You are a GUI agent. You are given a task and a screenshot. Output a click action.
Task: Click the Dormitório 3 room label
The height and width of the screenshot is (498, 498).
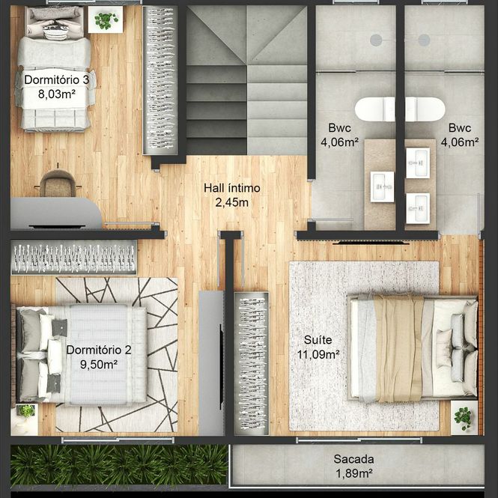[56, 79]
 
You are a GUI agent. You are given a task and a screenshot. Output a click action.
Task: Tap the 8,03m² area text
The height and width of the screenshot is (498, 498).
[56, 94]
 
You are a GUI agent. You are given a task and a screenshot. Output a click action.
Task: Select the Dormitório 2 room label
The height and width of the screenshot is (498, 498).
[99, 350]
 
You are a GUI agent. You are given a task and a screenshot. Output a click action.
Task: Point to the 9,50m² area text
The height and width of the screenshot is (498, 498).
[99, 364]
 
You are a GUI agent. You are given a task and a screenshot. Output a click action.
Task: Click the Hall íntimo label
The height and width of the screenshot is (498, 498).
[232, 188]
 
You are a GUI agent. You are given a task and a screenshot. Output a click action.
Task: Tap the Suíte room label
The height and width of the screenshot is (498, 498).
[318, 340]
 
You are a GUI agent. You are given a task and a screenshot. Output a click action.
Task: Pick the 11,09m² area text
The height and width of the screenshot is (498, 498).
[318, 354]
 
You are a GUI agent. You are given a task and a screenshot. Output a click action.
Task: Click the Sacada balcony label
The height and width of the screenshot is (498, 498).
[353, 459]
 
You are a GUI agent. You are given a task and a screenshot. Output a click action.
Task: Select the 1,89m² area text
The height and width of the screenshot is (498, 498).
[353, 473]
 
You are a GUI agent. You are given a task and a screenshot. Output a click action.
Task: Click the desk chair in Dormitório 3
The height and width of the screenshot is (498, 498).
[58, 183]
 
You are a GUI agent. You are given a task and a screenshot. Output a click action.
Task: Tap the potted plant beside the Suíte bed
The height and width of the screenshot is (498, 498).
[464, 417]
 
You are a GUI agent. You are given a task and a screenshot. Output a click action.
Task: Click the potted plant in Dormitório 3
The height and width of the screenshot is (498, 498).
[106, 19]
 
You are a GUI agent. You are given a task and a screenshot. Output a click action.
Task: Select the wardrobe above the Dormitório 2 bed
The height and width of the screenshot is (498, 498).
[74, 258]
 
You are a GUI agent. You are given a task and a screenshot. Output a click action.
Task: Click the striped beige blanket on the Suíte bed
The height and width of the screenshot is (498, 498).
[398, 348]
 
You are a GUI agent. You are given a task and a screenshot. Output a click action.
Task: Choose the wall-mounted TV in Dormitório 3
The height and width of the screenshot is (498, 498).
[57, 227]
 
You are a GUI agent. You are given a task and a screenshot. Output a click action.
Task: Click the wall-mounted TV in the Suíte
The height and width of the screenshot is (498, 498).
[371, 243]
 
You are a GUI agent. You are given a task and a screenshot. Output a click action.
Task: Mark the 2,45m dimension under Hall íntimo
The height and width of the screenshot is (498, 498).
[232, 202]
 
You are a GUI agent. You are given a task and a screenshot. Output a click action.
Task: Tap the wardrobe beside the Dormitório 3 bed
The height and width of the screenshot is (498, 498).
[160, 81]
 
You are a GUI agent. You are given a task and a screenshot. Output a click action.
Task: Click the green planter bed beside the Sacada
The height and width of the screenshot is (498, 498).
[119, 464]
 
